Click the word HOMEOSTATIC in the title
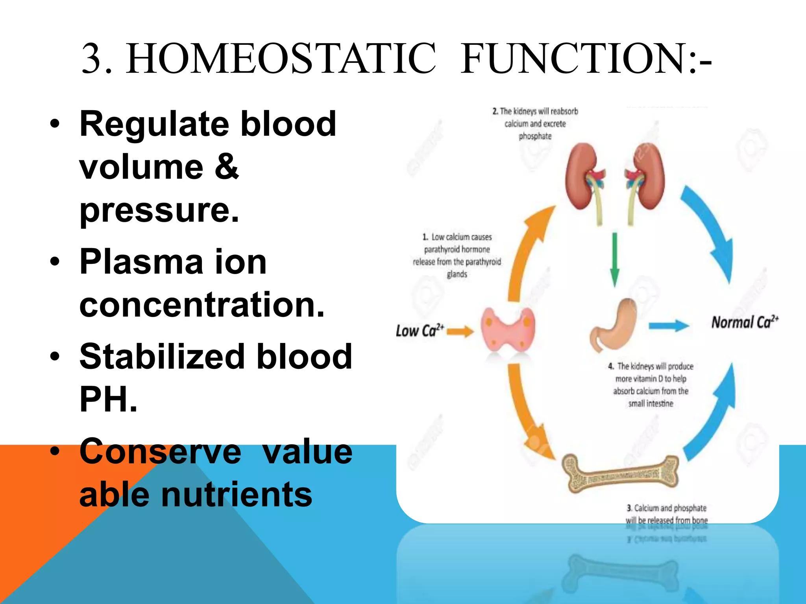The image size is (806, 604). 281,59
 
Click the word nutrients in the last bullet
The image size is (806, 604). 236,495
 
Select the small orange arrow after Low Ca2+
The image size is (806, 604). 460,331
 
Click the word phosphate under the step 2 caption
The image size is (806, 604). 535,136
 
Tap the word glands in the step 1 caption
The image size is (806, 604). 457,274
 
